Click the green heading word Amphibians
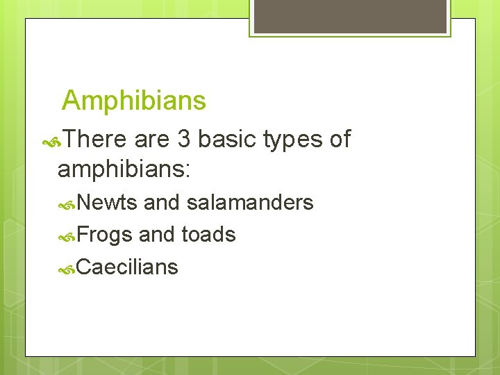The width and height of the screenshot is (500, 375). click(134, 101)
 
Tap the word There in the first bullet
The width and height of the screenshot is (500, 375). click(97, 140)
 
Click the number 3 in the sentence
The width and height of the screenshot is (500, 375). click(183, 140)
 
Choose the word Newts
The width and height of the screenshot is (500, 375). click(108, 203)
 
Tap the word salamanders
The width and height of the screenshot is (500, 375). click(250, 203)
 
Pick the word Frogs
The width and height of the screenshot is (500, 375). click(104, 235)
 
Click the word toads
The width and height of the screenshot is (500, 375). click(208, 235)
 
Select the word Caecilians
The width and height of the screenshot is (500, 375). click(127, 267)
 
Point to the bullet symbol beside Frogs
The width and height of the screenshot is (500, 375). click(67, 236)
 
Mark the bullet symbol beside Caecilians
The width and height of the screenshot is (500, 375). click(67, 268)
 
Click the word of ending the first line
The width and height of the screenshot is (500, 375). click(340, 140)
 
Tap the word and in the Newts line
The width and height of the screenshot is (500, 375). click(162, 203)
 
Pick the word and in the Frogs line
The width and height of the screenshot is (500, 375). click(157, 235)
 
